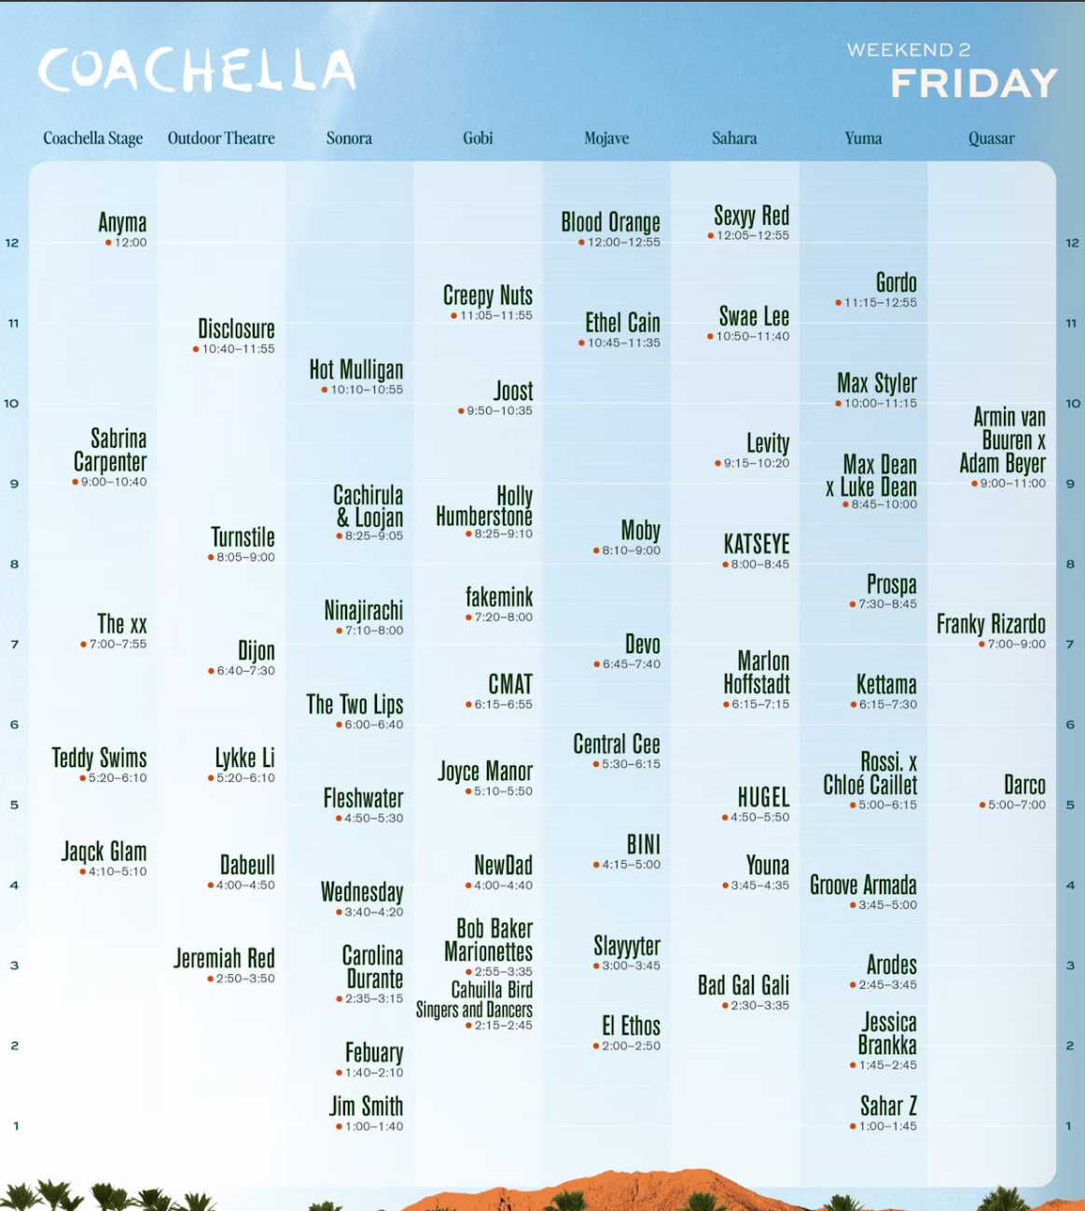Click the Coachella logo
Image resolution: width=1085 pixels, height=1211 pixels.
196,71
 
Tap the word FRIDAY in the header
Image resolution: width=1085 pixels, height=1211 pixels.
973,84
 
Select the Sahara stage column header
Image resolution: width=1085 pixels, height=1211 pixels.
734,138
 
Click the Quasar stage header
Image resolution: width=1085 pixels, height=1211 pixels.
991,138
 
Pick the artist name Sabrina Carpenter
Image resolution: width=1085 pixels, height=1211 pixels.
110,450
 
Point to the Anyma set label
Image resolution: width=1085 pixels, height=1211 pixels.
122,223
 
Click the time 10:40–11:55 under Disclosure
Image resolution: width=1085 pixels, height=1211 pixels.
238,349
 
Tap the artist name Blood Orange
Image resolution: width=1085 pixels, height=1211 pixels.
610,223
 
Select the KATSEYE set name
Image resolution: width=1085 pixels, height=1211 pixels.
757,544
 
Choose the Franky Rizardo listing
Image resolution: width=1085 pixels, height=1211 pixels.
991,624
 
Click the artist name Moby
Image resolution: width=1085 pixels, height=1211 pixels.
641,531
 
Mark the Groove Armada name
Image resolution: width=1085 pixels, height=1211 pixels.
863,884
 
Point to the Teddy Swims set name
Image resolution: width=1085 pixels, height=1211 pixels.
99,758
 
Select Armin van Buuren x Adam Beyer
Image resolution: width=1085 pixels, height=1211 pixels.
1004,440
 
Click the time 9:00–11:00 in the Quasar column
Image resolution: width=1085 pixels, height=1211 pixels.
1012,483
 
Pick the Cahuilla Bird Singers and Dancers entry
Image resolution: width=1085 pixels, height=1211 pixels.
475,1000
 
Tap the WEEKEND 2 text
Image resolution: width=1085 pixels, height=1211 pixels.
909,50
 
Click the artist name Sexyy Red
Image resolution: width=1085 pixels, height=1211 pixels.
751,216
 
